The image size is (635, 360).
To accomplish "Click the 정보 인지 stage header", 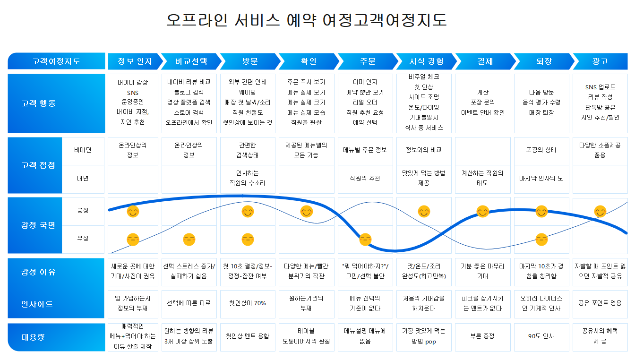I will pyautogui.click(x=135, y=61).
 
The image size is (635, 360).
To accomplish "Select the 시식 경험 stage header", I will pyautogui.click(x=426, y=61).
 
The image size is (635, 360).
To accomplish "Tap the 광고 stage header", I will pyautogui.click(x=600, y=61).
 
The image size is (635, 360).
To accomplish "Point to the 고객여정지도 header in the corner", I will pyautogui.click(x=56, y=61).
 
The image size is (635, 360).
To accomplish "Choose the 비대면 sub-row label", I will pyautogui.click(x=83, y=150).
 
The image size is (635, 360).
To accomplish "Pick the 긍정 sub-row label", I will pyautogui.click(x=83, y=210).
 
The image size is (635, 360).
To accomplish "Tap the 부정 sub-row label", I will pyautogui.click(x=83, y=239).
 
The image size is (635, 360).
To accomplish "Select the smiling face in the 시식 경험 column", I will pyautogui.click(x=424, y=212).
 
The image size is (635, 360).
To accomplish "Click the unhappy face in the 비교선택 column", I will pyautogui.click(x=189, y=240).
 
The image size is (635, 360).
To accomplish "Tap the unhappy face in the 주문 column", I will pyautogui.click(x=365, y=240).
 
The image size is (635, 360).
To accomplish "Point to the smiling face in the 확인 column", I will pyautogui.click(x=307, y=212).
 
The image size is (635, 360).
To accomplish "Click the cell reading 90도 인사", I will pyautogui.click(x=541, y=336).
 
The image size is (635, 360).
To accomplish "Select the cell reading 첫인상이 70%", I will pyautogui.click(x=248, y=303).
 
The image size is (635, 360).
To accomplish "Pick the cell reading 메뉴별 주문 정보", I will pyautogui.click(x=365, y=150).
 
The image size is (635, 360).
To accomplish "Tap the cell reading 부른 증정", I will pyautogui.click(x=482, y=336).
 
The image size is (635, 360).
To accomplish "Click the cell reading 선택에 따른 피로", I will pyautogui.click(x=189, y=303).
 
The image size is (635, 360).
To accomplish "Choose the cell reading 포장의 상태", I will pyautogui.click(x=541, y=150).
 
